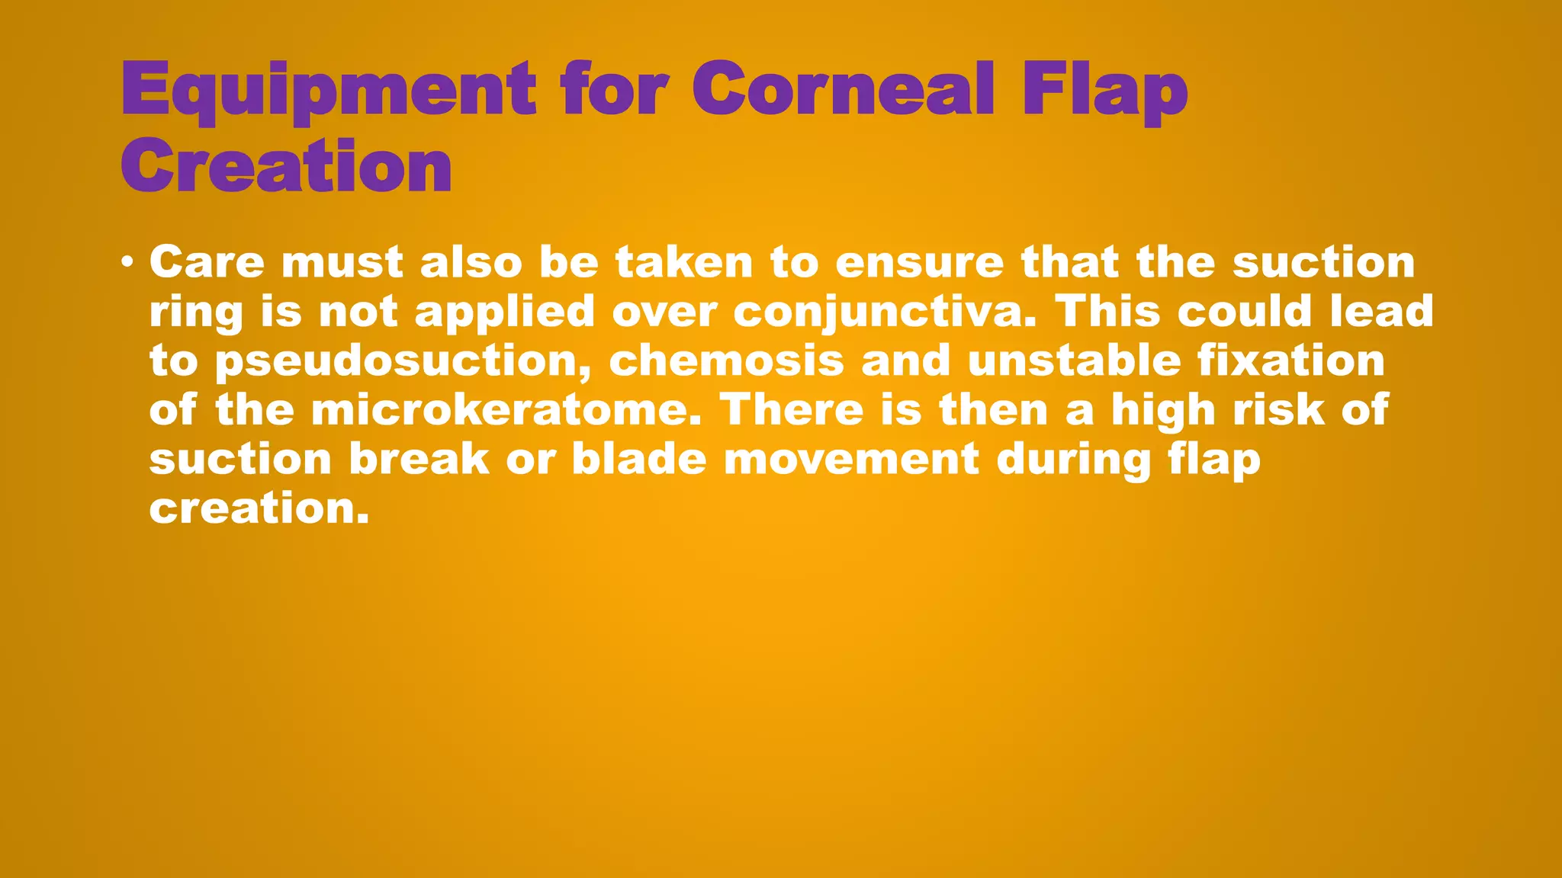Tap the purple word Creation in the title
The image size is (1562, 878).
(x=287, y=166)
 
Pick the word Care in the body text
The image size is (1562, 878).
(x=207, y=262)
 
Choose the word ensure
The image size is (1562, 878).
(x=919, y=262)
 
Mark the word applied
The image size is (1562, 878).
(x=504, y=312)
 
